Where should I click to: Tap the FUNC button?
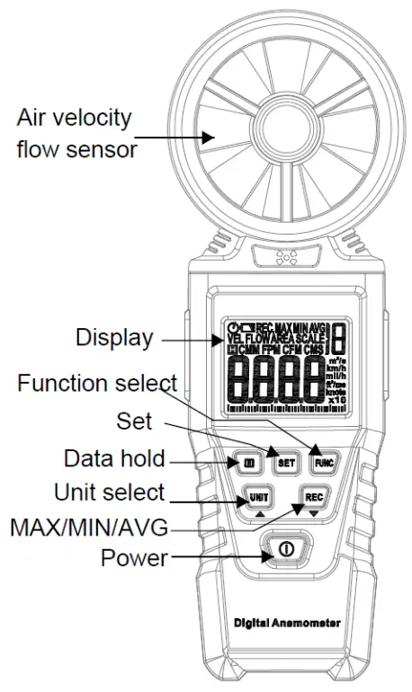[x=322, y=464]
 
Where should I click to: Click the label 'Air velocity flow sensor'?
[x=76, y=133]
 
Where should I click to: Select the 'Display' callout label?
[x=113, y=338]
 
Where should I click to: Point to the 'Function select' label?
[x=96, y=385]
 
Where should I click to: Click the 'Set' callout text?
[x=134, y=420]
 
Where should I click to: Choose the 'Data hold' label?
[x=114, y=458]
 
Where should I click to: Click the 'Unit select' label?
[x=109, y=492]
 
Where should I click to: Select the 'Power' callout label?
[x=133, y=558]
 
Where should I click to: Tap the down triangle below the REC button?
[x=314, y=514]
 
